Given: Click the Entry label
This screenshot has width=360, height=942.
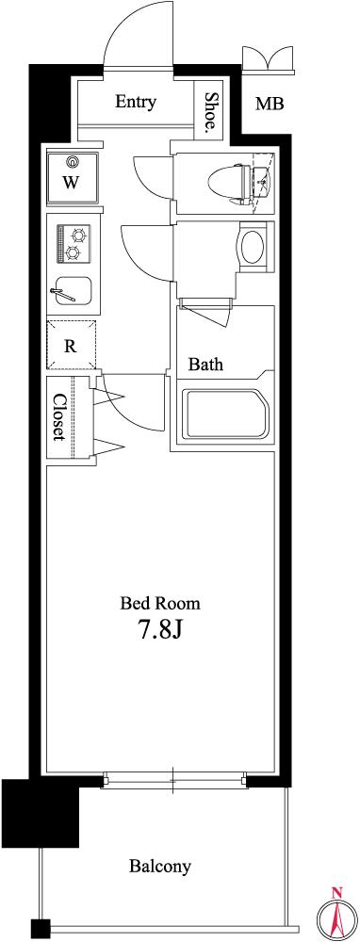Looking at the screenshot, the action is click(x=136, y=102).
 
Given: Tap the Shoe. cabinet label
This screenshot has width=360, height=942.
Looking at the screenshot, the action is click(x=210, y=111).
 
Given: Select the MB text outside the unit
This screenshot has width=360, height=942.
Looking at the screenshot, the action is click(x=270, y=104).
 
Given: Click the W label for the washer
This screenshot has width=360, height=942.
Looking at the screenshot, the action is click(x=71, y=183).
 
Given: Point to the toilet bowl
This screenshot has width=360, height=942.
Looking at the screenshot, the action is click(x=228, y=179).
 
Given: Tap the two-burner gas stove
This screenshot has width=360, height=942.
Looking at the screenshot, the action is click(x=74, y=243).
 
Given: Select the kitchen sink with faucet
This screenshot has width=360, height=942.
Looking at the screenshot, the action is click(x=73, y=293).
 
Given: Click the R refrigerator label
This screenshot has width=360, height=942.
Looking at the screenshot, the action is click(x=71, y=346).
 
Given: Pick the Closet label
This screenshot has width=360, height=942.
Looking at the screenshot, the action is click(x=58, y=417).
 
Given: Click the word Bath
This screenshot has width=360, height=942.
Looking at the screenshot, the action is click(x=205, y=364).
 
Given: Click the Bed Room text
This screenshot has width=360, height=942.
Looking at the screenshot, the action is click(x=160, y=602).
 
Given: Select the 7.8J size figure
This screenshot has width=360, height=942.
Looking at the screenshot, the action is click(x=160, y=629).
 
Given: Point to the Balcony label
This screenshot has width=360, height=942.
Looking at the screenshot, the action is click(x=160, y=867).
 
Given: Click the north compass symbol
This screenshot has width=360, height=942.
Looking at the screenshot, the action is click(x=337, y=913).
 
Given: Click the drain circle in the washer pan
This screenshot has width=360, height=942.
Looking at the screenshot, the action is click(x=74, y=161).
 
